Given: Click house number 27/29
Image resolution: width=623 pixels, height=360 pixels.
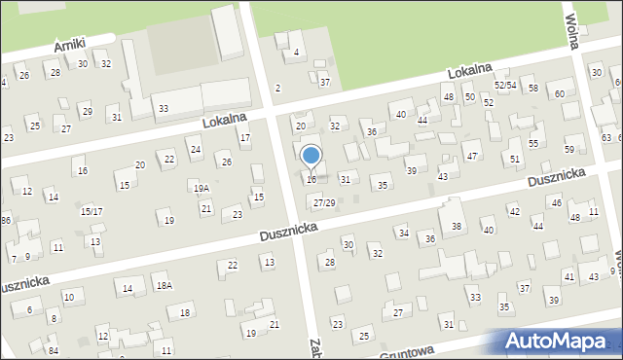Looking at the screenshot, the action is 324,202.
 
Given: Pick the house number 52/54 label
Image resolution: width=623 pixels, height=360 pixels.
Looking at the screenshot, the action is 504,86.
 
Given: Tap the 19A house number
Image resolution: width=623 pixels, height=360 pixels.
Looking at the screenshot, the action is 201,189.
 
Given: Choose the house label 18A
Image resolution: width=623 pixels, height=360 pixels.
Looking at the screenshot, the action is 164,285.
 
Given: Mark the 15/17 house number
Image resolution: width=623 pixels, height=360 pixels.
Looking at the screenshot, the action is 92,211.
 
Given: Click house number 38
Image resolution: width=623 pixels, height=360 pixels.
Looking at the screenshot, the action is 456,227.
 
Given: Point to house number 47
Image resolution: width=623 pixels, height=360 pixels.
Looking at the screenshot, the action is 472,156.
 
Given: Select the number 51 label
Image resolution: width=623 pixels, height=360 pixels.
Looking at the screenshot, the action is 515,158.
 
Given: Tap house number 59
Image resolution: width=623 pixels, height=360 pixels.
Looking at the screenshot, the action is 569,149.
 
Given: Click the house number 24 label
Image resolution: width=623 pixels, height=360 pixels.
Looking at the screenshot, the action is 196,149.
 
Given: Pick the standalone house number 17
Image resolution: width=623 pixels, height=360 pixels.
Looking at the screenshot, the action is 245,137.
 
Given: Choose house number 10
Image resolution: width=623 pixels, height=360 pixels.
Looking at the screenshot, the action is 68,297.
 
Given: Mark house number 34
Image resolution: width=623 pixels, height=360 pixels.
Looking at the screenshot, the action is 403,233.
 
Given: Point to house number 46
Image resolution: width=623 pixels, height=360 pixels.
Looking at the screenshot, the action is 556,202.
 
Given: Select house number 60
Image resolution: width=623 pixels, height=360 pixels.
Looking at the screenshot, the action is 560,93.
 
